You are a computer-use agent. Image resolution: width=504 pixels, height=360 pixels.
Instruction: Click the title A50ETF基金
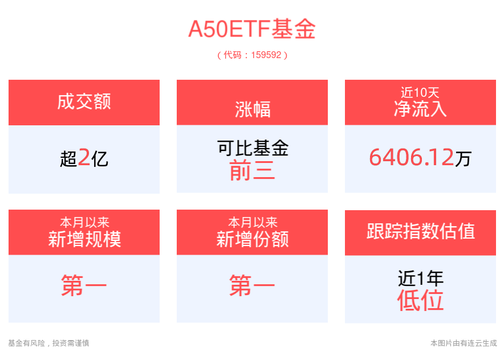[x=252, y=29]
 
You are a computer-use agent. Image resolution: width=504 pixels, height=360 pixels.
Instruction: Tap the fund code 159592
[x=266, y=55]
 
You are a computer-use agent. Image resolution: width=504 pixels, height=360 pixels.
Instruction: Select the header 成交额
[x=84, y=101]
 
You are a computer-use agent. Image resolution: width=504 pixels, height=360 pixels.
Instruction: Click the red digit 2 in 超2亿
[x=84, y=157]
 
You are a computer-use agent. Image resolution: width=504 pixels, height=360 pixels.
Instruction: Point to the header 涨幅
[x=253, y=109]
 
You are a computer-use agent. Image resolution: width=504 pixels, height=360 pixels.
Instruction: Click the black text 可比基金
[x=253, y=148]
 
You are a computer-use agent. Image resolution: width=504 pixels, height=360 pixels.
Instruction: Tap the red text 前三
[x=253, y=170]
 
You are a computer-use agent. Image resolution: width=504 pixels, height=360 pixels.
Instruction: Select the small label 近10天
[x=420, y=93]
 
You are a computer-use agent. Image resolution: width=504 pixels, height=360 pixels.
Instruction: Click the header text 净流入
[x=420, y=109]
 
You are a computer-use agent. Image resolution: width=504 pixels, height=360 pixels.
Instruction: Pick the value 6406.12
[x=412, y=157]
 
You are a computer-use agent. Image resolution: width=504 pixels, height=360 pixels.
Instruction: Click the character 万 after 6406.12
[x=463, y=158]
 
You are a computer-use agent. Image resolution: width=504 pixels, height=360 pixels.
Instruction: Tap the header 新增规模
[x=84, y=239]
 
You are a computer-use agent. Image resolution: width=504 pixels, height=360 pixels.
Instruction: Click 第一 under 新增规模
[x=84, y=285]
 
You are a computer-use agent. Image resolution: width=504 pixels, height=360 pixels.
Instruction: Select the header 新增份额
[x=253, y=239]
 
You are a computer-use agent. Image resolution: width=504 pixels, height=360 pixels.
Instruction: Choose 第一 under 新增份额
[x=252, y=285]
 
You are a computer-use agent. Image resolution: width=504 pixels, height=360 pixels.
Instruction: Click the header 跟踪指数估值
[x=421, y=231]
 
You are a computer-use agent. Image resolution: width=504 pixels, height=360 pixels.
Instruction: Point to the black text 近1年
[x=421, y=278]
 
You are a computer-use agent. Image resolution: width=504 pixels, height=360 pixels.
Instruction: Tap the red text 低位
[x=420, y=300]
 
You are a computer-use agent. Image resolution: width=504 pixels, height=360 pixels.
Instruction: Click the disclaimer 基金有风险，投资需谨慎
[x=48, y=343]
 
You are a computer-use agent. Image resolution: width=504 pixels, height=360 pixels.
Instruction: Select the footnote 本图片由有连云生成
[x=464, y=343]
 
